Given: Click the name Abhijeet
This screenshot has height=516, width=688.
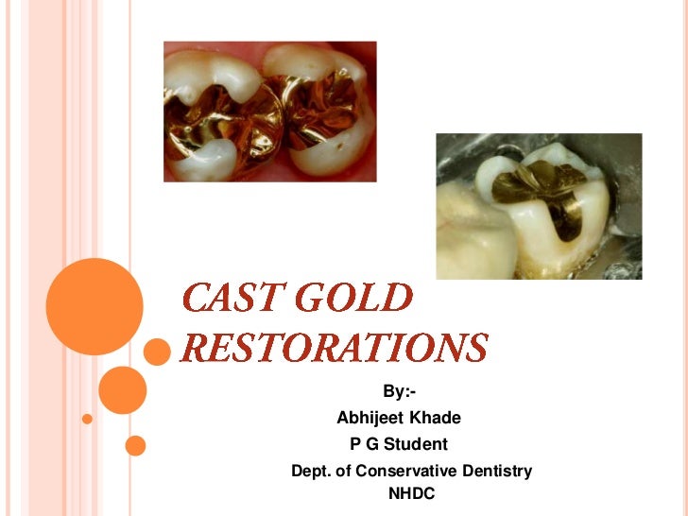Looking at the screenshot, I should (x=370, y=418).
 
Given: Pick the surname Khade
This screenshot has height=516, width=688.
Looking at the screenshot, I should (x=434, y=418).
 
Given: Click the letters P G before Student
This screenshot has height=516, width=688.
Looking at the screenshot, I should (x=363, y=444).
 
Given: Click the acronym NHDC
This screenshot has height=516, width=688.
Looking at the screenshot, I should (x=412, y=493).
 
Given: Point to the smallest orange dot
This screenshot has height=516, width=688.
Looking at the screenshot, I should (x=87, y=418).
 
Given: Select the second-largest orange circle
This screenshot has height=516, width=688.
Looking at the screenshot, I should (x=122, y=389).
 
